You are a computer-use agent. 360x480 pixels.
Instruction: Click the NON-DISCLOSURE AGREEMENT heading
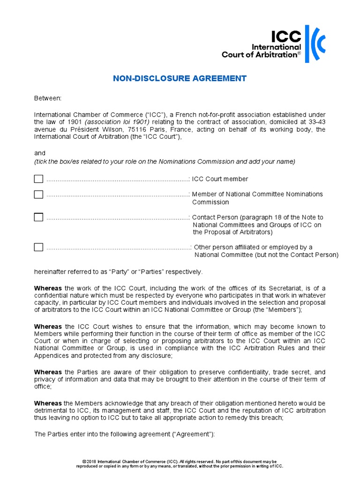[180, 78]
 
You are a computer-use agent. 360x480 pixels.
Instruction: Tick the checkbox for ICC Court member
[38, 179]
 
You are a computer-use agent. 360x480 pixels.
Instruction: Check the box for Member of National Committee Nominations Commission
[38, 194]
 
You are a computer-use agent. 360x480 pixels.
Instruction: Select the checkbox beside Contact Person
[38, 217]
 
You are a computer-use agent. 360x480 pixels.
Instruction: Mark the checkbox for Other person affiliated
[38, 247]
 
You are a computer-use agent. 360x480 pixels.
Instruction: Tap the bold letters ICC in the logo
[286, 37]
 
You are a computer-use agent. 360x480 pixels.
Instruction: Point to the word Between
[48, 98]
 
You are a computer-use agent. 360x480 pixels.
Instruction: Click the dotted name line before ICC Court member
[117, 180]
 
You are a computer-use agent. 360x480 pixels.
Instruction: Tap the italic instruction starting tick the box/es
[165, 161]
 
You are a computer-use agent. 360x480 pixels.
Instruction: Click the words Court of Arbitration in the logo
[261, 54]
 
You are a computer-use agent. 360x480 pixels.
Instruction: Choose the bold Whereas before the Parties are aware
[48, 372]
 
